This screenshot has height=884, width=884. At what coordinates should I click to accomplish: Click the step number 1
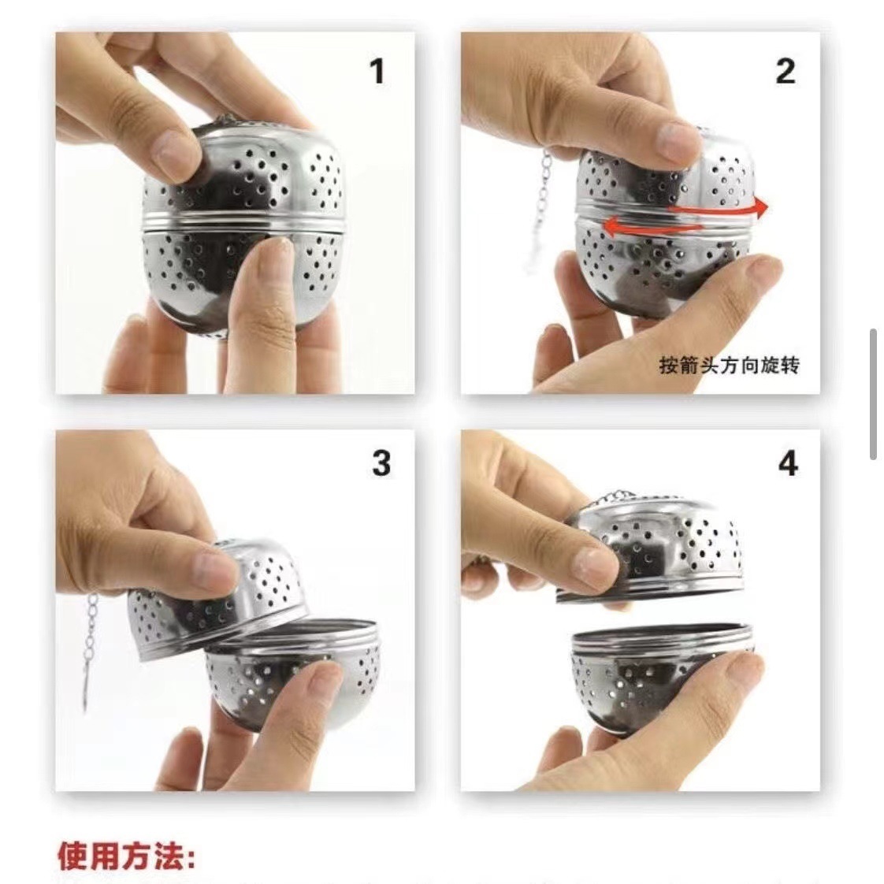(377, 72)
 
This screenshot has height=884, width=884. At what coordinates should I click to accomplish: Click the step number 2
(785, 72)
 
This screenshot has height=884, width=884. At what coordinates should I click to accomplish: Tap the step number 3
(381, 463)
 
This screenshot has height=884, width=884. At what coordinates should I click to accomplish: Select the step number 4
(788, 463)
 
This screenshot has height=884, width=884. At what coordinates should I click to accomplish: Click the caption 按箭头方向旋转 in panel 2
(729, 366)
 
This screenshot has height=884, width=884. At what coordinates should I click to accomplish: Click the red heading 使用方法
(126, 856)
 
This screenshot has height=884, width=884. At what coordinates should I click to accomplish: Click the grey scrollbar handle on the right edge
(874, 394)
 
